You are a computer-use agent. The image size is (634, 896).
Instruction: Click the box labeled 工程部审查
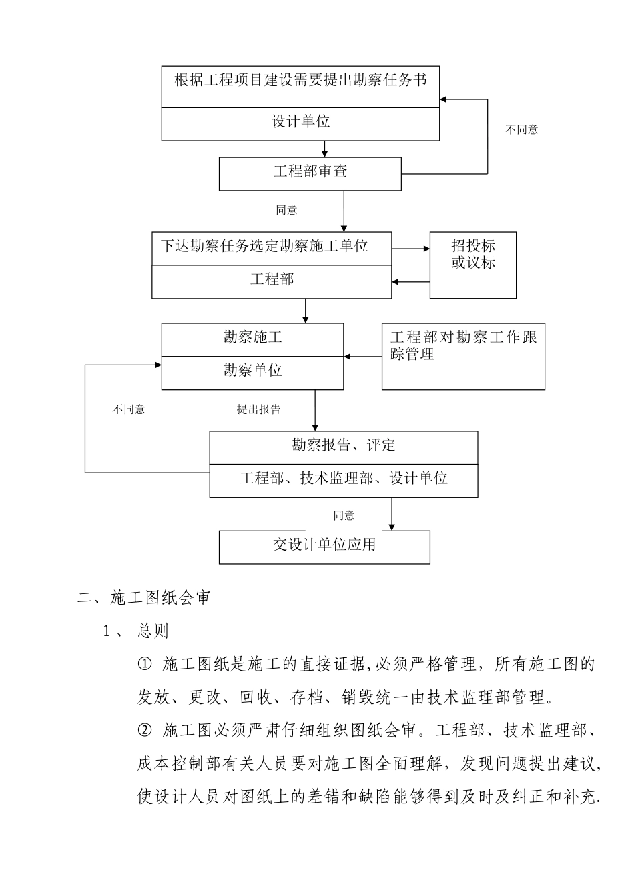(310, 172)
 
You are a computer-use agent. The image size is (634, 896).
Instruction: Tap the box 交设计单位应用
(324, 545)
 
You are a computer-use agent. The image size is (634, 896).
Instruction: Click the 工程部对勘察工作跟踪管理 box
(463, 356)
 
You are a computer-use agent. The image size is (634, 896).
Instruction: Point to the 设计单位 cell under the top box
(300, 122)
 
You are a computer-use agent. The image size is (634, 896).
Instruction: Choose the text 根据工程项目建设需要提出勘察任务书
(300, 81)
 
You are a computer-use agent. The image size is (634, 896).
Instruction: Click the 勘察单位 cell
(252, 371)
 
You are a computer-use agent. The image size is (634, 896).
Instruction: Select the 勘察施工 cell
(252, 338)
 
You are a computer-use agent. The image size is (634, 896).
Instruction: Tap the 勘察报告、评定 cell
(343, 445)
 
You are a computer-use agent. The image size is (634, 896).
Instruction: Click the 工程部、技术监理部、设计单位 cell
(343, 479)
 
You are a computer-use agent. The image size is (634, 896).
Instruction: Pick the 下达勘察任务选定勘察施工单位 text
(264, 246)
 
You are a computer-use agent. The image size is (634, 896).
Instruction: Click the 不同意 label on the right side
(521, 130)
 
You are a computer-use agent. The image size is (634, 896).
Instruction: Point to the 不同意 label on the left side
(128, 409)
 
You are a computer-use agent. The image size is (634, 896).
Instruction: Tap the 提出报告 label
(258, 409)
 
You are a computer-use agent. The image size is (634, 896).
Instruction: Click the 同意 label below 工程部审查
(286, 210)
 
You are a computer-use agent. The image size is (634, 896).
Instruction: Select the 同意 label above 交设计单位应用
(344, 515)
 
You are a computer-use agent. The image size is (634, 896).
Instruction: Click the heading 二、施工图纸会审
(143, 597)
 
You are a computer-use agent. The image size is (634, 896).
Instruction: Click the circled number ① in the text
(145, 664)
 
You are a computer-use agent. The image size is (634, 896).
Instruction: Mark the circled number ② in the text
(145, 731)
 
